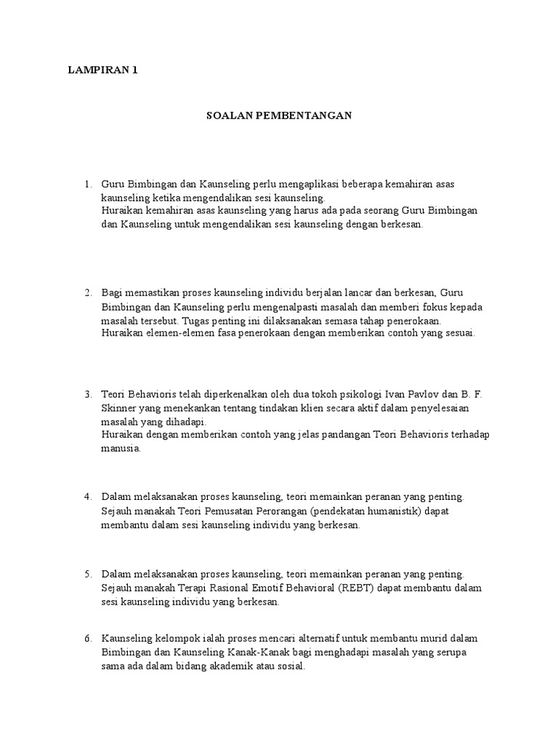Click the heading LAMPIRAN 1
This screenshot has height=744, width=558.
[102, 70]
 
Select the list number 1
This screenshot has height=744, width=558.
[88, 184]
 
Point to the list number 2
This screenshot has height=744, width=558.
[88, 293]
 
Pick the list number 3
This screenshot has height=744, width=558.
[88, 395]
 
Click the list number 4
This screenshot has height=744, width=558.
[88, 497]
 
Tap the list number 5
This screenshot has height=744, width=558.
[88, 573]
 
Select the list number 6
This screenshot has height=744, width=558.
[88, 639]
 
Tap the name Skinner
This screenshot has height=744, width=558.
[118, 408]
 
